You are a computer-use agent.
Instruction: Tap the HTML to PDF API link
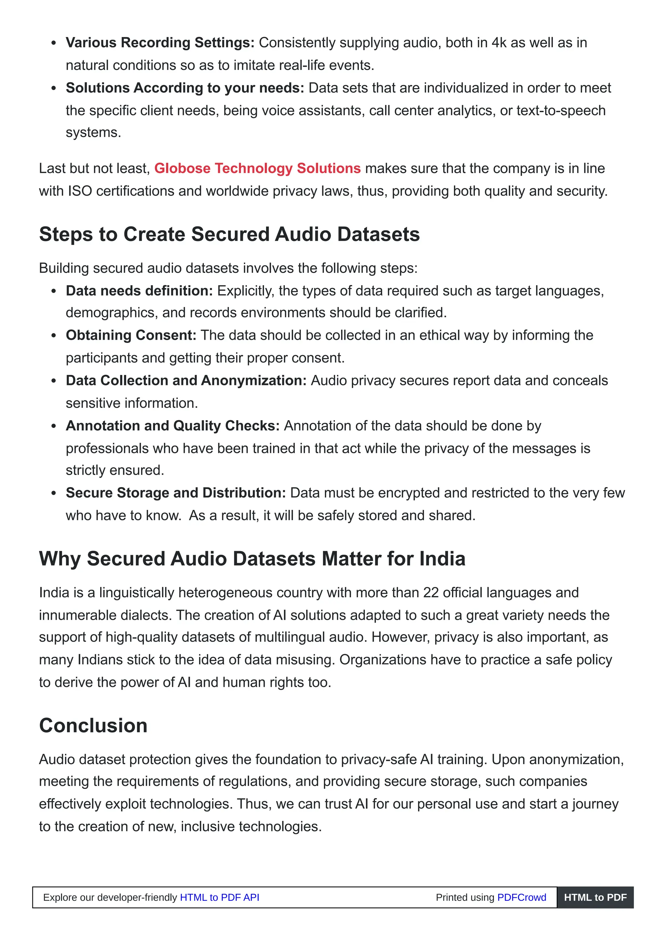point(220,897)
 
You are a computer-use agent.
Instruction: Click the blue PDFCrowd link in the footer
point(522,897)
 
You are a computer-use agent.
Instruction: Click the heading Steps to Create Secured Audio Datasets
point(229,234)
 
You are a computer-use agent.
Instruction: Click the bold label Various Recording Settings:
point(160,43)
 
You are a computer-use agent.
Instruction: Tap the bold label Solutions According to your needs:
point(185,88)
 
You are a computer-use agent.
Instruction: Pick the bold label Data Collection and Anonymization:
point(186,380)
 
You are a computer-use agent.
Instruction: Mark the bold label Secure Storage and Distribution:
point(176,492)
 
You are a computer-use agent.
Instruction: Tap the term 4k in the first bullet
point(499,43)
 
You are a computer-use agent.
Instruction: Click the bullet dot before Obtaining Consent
point(53,336)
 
